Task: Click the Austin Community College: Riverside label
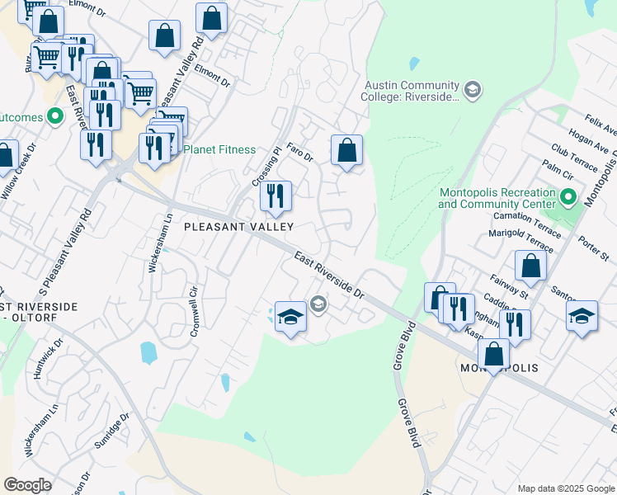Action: click(410, 91)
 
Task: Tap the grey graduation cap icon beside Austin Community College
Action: click(473, 89)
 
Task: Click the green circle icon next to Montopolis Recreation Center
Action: click(568, 197)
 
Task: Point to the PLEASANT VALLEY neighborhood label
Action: click(238, 226)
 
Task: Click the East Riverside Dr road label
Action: click(329, 276)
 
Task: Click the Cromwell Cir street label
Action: click(195, 306)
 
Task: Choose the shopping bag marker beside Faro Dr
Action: click(347, 151)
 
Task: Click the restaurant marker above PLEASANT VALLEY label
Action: click(276, 196)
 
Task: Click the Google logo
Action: click(27, 485)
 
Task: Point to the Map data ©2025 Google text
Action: click(565, 488)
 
